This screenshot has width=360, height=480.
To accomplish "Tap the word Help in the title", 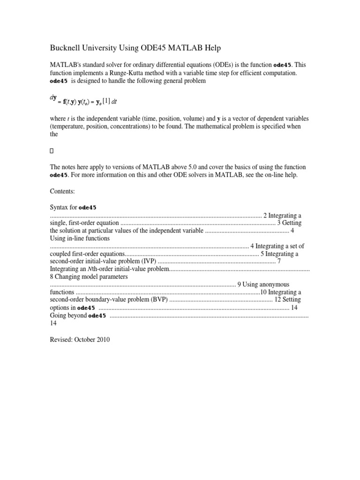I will tap(210, 48).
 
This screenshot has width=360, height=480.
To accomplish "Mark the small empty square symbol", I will tap(52, 151).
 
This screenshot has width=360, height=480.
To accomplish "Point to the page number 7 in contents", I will tap(279, 261).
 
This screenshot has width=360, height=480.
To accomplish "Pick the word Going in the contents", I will tap(58, 315).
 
